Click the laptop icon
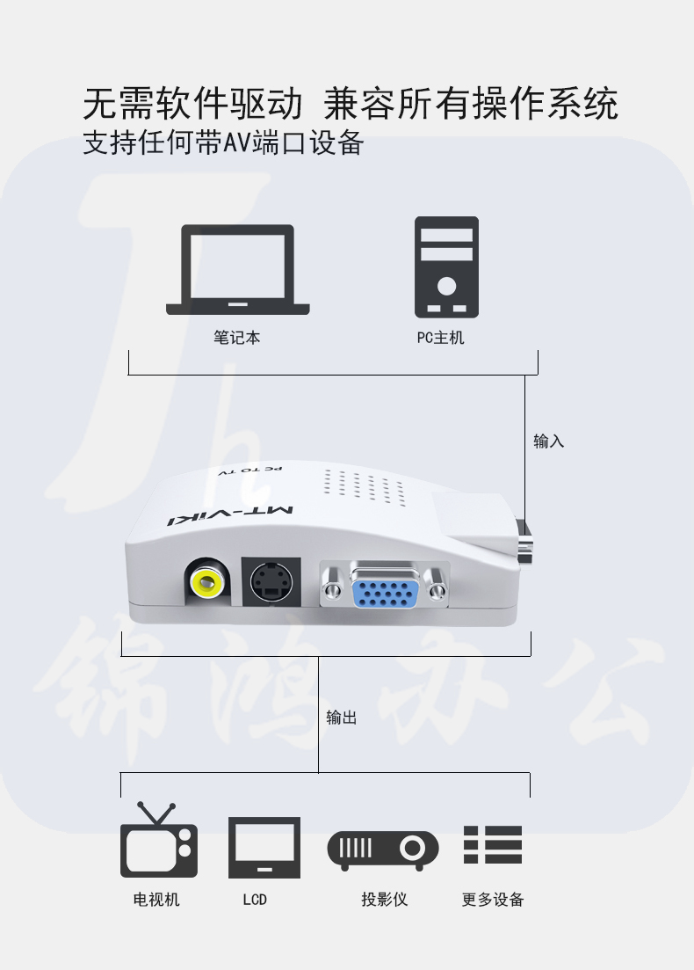(x=238, y=270)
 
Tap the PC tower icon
(x=446, y=267)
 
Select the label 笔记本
(x=236, y=338)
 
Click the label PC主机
(x=440, y=338)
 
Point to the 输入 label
(x=549, y=441)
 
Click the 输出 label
(x=342, y=718)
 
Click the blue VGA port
(x=385, y=586)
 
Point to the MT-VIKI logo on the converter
(x=231, y=515)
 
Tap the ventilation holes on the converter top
(x=364, y=486)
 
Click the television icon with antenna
(x=159, y=840)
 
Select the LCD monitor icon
(x=264, y=848)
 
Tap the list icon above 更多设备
(x=493, y=844)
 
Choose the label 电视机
(x=156, y=900)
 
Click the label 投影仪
(x=385, y=900)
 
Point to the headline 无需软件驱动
(x=192, y=103)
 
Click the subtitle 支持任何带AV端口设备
(x=223, y=142)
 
